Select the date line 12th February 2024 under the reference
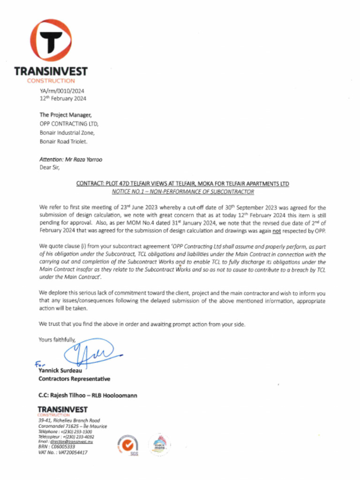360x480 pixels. click(63, 98)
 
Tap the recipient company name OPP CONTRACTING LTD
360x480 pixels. click(69, 124)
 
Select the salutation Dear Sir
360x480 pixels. click(50, 167)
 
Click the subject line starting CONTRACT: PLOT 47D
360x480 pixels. click(182, 184)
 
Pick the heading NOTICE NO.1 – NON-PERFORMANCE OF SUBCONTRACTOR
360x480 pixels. click(182, 192)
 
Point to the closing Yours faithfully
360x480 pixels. click(57, 340)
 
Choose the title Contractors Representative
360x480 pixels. click(74, 379)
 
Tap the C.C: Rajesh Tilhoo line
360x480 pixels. click(88, 396)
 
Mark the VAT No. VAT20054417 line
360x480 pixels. click(62, 452)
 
